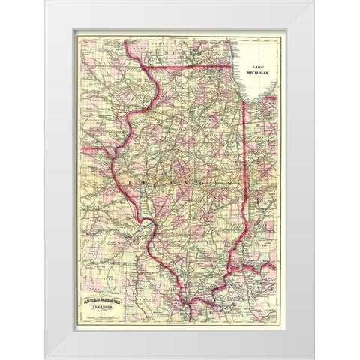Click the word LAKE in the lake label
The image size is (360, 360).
point(259,65)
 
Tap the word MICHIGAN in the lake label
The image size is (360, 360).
point(259,72)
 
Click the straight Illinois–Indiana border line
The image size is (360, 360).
point(247,150)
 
